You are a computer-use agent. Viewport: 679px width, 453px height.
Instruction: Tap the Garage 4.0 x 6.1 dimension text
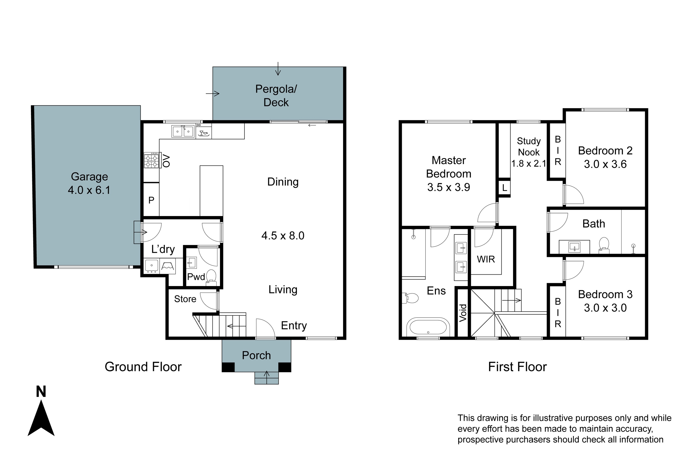pos(89,190)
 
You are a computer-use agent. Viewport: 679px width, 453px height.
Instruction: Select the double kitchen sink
pos(183,131)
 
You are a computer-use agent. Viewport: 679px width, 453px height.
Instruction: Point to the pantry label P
pos(151,200)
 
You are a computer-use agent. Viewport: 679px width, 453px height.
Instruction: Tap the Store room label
pos(185,299)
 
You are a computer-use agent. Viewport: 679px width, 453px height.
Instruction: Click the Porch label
pos(256,355)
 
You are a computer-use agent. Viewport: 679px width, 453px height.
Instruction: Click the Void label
pos(463,313)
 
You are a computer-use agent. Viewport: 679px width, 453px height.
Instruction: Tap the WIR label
pos(486,259)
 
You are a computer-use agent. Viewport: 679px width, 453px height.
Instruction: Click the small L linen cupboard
pos(504,188)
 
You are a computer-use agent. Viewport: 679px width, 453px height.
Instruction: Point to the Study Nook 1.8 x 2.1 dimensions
pos(528,164)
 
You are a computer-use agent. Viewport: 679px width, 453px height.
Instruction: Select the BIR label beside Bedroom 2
pos(557,151)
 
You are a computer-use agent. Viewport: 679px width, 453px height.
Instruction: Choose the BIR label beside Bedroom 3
pos(557,313)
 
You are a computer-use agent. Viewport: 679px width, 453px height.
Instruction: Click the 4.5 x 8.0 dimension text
pos(283,236)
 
